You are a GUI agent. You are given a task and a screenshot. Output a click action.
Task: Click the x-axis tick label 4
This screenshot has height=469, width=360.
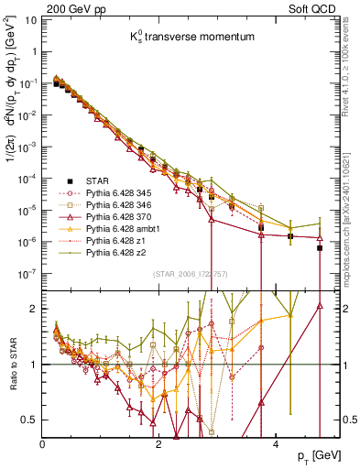pos(276,442)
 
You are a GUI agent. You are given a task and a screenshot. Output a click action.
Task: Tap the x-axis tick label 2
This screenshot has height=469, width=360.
pos(159,442)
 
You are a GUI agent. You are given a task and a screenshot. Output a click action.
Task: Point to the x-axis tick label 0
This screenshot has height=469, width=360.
pos(43,442)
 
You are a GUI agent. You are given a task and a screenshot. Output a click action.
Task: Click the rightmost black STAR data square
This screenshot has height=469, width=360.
pos(320,247)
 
